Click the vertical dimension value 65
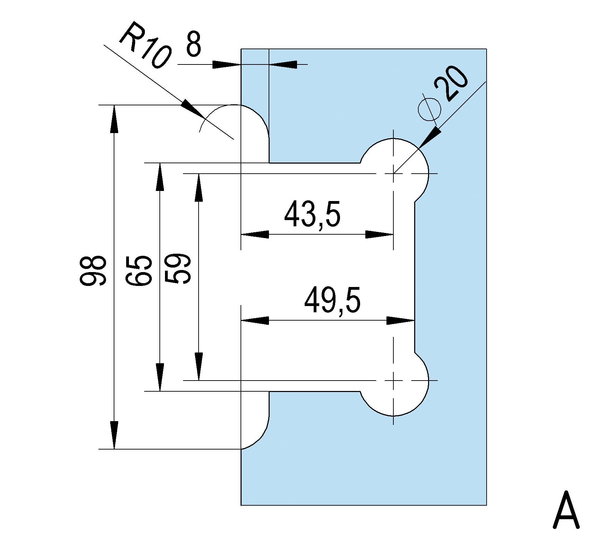pos(139,270)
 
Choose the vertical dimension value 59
pos(178,269)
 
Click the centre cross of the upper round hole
pos(393,173)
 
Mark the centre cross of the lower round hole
pos(393,381)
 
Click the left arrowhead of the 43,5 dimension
pos(254,235)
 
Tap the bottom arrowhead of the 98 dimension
pos(114,435)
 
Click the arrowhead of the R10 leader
pos(193,109)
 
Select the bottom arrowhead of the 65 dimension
pos(160,377)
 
